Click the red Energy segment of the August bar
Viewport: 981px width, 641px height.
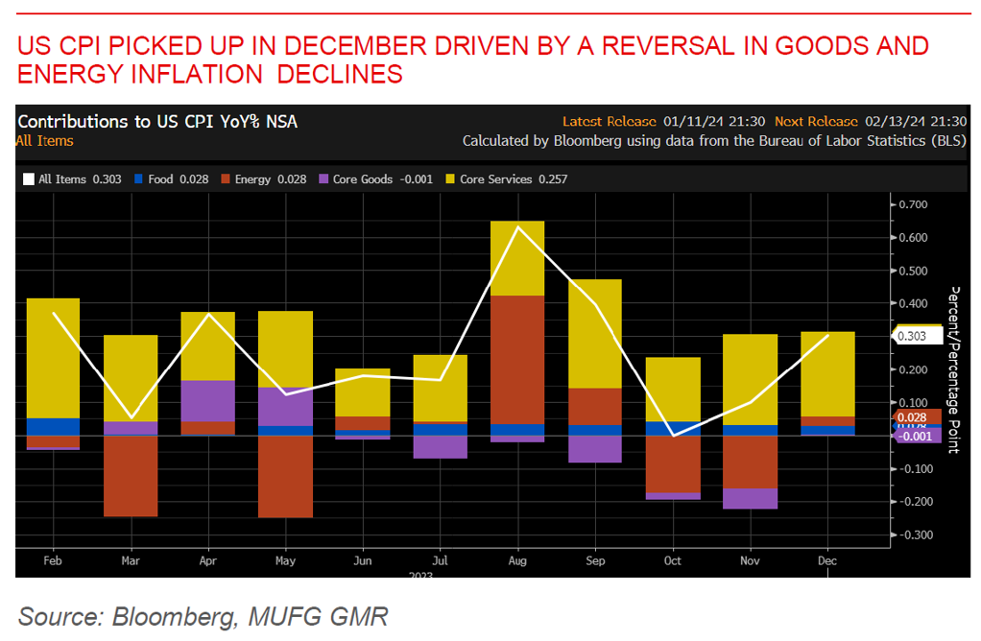(x=517, y=359)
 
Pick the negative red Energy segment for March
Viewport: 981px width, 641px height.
(x=131, y=476)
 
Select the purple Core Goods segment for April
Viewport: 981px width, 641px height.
(x=208, y=400)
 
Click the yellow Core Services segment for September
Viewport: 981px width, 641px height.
(x=595, y=333)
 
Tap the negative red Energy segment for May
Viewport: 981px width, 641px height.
(x=285, y=476)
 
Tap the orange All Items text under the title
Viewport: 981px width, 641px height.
(x=44, y=141)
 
